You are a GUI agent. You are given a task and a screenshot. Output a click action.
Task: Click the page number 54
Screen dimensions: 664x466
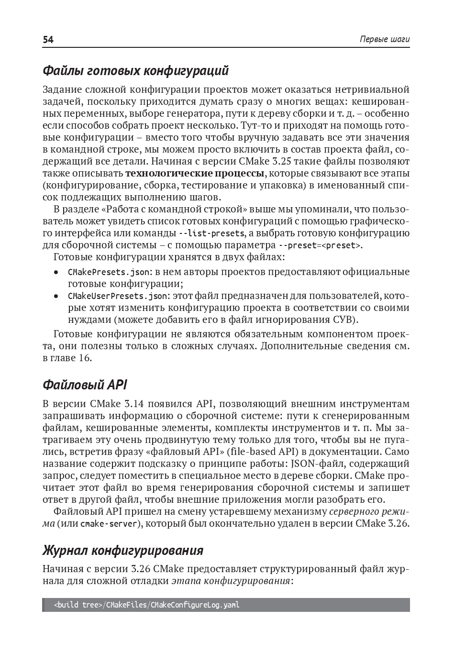click(x=48, y=40)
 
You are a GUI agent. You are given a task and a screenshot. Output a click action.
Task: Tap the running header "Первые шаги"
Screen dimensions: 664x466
click(x=384, y=40)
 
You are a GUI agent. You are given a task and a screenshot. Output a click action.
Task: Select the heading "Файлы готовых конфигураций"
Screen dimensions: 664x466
click(x=135, y=71)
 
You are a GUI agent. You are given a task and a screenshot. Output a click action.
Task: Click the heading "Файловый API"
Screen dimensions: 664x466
click(x=85, y=385)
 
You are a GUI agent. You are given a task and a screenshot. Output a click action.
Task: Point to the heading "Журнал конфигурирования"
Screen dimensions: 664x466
click(x=123, y=551)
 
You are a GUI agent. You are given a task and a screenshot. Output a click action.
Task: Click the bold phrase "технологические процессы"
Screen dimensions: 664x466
click(x=195, y=173)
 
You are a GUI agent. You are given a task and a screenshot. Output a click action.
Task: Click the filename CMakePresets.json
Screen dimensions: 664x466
click(x=109, y=272)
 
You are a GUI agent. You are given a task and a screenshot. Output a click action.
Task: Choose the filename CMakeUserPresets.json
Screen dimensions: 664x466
click(x=118, y=296)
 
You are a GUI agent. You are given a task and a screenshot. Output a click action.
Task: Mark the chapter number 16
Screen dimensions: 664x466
click(x=84, y=358)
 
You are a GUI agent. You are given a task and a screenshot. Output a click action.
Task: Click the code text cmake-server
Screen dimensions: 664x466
click(x=110, y=524)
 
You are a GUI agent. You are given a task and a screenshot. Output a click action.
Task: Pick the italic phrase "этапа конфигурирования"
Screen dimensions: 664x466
click(x=231, y=581)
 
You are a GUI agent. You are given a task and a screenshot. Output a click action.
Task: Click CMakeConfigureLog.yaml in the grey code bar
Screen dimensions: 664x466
click(x=195, y=605)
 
